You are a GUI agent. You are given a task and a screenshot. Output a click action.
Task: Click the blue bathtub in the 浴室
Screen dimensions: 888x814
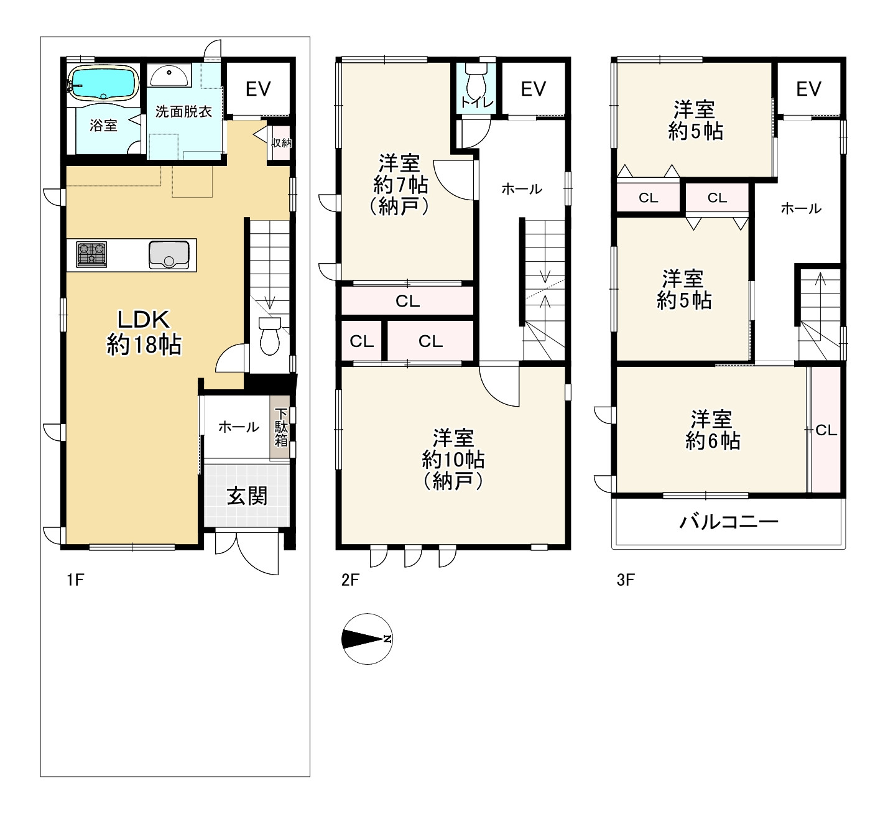[104, 82]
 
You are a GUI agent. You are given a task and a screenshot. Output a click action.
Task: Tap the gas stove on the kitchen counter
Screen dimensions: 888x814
[91, 255]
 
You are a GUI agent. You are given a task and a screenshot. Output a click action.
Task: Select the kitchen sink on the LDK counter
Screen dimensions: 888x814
[169, 255]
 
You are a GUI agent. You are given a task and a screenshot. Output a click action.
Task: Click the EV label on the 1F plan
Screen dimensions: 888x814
[259, 89]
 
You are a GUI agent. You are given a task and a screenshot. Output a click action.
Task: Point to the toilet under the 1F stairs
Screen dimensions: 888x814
[269, 336]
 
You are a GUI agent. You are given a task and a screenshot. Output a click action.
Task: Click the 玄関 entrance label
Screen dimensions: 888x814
[247, 496]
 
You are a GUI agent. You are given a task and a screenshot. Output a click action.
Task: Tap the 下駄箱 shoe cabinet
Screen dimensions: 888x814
[280, 427]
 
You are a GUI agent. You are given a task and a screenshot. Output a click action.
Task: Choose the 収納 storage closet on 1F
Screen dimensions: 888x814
[281, 143]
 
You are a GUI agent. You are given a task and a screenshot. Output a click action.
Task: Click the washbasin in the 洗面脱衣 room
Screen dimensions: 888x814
[169, 76]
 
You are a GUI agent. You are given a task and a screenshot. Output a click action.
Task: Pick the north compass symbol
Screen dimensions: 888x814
[367, 639]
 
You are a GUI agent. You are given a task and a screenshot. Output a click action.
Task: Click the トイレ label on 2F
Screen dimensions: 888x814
[477, 103]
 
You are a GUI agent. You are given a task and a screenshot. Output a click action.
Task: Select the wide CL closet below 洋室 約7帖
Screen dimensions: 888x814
[407, 301]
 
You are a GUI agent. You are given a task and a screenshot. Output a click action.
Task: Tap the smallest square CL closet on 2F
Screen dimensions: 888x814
[362, 341]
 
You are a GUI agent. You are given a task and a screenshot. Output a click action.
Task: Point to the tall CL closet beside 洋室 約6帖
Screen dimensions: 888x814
[826, 430]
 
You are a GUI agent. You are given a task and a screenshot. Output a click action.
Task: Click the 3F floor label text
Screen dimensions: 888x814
[626, 580]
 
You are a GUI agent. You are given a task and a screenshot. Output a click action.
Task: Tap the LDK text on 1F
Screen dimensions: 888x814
[144, 319]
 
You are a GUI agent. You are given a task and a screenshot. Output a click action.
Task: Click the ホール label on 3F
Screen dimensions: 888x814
[801, 208]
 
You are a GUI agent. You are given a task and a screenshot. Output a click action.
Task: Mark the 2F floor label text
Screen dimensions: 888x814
[349, 580]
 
